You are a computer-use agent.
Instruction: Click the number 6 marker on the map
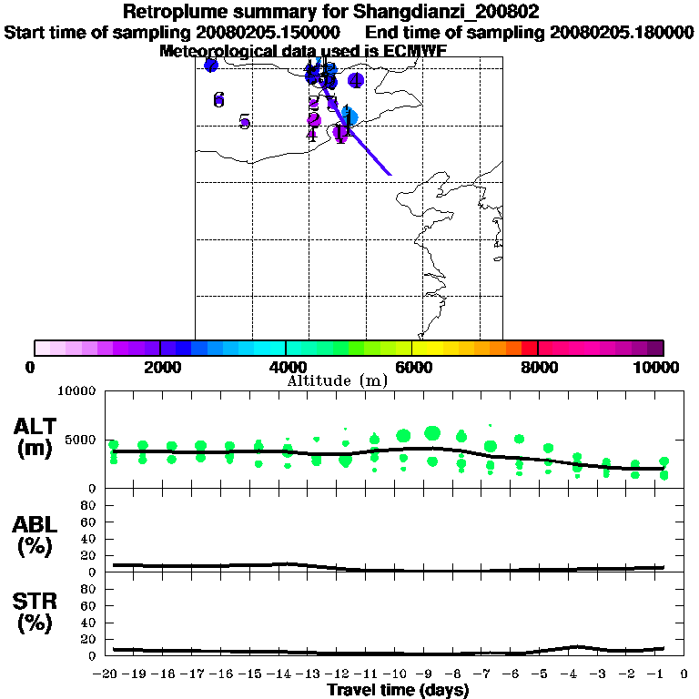pyautogui.click(x=218, y=99)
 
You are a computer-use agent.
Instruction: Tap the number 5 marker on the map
pyautogui.click(x=244, y=121)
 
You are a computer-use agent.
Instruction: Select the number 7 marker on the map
pyautogui.click(x=210, y=66)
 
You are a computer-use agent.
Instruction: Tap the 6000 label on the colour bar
pyautogui.click(x=411, y=368)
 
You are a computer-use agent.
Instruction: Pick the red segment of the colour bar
pyautogui.click(x=529, y=348)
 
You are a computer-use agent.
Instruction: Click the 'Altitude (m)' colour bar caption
pyautogui.click(x=336, y=380)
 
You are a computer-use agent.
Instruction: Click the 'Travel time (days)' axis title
pyautogui.click(x=398, y=691)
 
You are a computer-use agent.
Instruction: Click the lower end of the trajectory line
pyautogui.click(x=390, y=174)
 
